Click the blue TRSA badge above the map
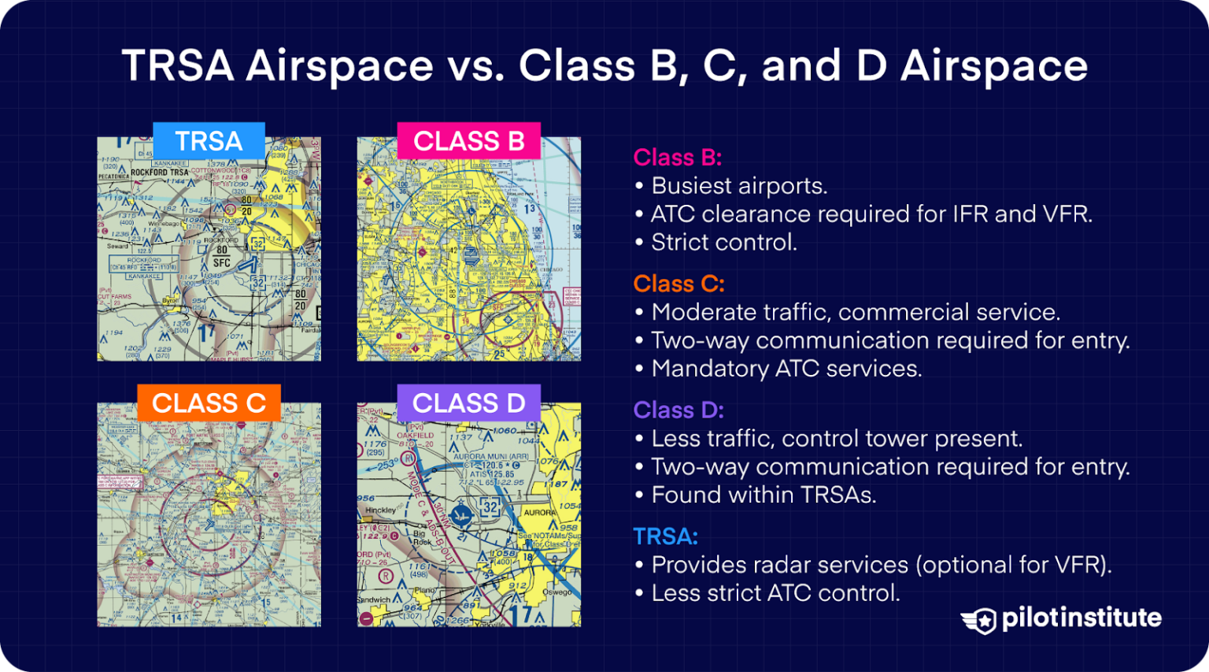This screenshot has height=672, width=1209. (209, 141)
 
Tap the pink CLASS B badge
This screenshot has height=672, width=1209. (468, 141)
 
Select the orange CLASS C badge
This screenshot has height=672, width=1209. (209, 403)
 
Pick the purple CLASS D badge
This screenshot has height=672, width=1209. (468, 403)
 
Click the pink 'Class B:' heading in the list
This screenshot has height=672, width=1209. (677, 158)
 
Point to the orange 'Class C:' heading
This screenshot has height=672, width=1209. (678, 284)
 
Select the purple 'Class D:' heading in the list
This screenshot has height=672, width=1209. (678, 410)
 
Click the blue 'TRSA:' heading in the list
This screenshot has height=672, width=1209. (665, 536)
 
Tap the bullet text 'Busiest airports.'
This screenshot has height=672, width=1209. (739, 186)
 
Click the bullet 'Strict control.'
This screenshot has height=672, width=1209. (724, 243)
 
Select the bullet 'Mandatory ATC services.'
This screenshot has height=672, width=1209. (786, 369)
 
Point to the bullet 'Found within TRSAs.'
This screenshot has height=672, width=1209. (763, 495)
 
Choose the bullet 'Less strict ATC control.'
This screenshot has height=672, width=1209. (775, 593)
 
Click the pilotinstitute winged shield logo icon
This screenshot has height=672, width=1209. (978, 620)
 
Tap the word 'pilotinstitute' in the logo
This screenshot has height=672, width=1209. (1081, 618)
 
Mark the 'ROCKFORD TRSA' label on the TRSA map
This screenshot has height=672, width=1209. (159, 172)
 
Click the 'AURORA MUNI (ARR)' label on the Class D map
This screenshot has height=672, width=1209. (490, 456)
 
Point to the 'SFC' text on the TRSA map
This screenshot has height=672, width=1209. (221, 263)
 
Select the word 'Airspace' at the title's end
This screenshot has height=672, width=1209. (994, 65)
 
